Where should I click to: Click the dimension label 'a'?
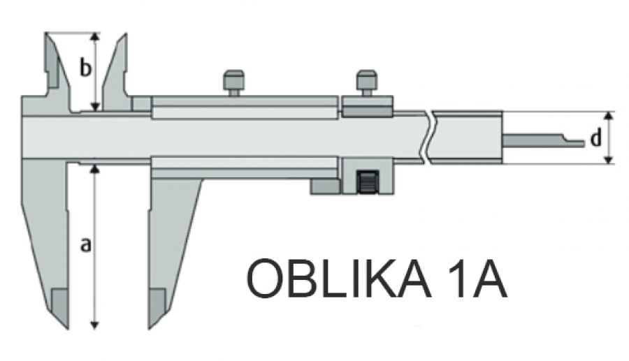85,245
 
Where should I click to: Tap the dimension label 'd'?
597,138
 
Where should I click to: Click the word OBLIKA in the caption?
338,278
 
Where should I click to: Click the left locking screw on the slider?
233,83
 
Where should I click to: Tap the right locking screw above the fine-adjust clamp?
366,83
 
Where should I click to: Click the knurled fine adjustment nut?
368,182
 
